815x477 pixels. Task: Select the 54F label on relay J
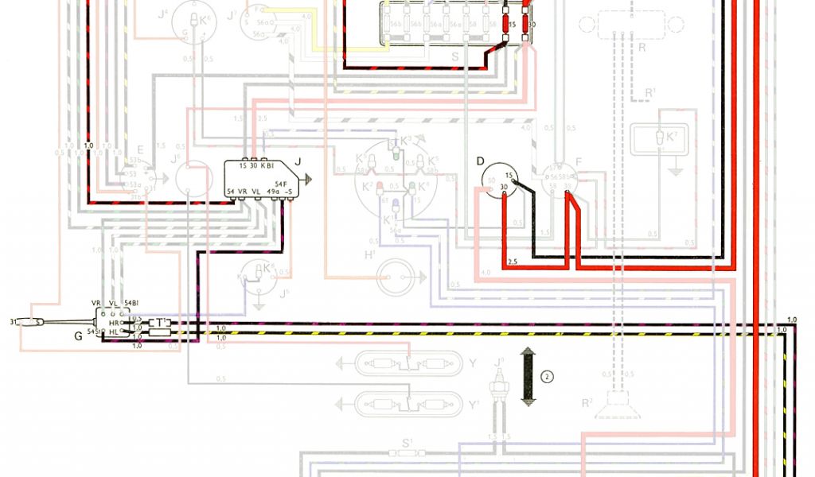point(283,183)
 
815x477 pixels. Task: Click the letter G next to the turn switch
point(78,335)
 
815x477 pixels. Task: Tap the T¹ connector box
point(161,323)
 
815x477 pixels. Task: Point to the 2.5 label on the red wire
point(513,262)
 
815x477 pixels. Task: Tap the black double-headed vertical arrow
point(527,377)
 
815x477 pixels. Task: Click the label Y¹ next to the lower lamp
point(475,404)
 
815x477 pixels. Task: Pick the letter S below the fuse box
point(454,56)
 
